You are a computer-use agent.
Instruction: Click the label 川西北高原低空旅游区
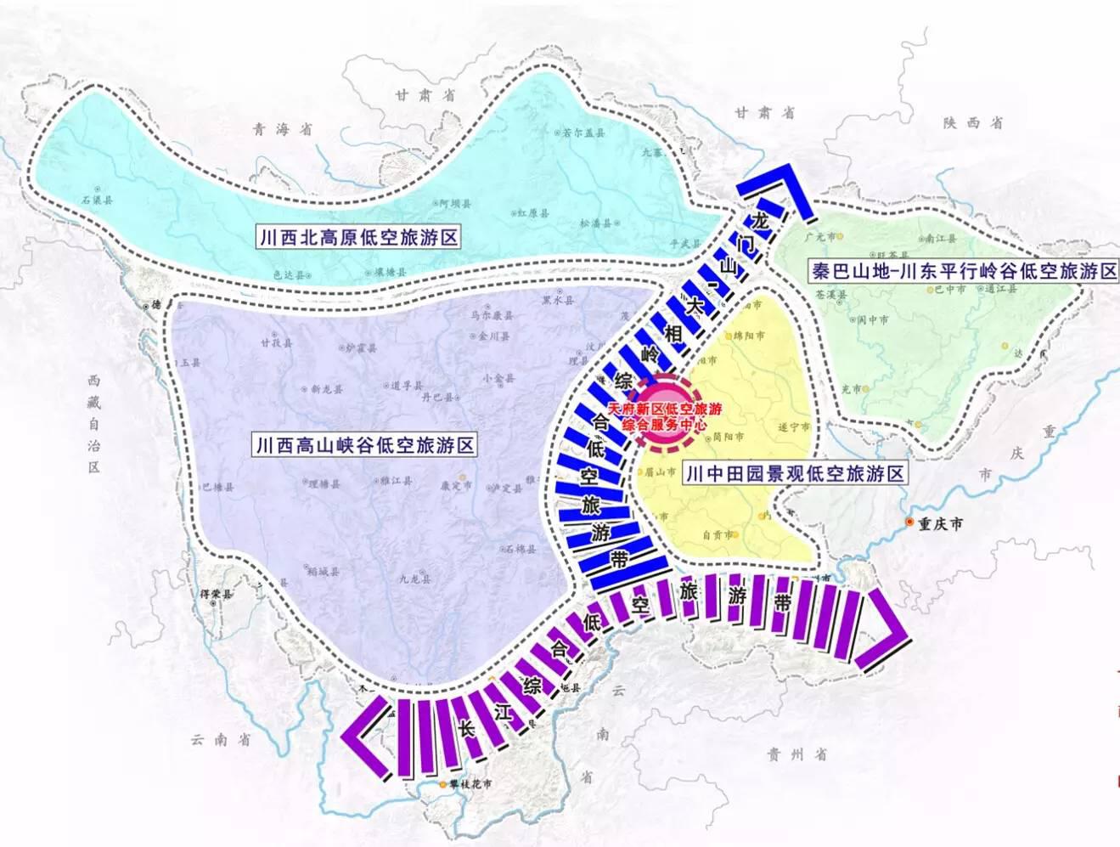358,237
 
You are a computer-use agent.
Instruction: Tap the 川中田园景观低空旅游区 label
795,473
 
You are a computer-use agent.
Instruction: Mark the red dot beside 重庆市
909,522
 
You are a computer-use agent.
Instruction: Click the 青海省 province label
283,129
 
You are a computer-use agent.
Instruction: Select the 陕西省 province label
971,122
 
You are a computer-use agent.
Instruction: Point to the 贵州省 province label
796,754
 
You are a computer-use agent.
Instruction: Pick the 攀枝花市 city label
470,784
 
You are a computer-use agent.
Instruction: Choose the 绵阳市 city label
749,336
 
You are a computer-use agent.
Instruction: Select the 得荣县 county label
216,594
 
